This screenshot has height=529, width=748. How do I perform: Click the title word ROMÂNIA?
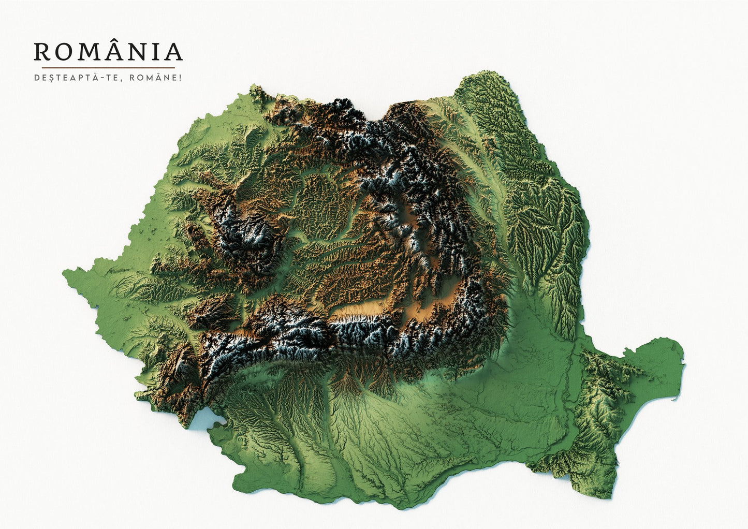(x=108, y=51)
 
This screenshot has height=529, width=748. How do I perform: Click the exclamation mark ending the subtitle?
(x=181, y=78)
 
